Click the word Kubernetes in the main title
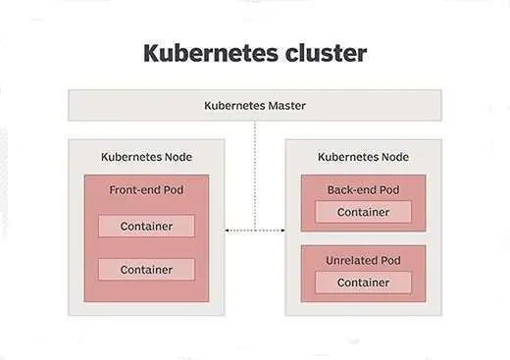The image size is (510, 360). [x=205, y=53]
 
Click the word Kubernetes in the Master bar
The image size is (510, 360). [x=235, y=105]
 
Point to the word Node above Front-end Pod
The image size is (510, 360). [x=176, y=157]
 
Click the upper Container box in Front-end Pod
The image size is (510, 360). [x=146, y=227]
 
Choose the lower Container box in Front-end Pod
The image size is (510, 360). [x=146, y=270]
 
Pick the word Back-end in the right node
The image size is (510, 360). [x=352, y=189]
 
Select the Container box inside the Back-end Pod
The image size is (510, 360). [x=363, y=212]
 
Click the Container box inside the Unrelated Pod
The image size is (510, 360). [x=363, y=283]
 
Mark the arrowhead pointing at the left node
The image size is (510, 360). [x=229, y=231]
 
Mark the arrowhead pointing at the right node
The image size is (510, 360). [x=280, y=231]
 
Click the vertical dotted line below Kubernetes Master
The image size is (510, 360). [x=255, y=177]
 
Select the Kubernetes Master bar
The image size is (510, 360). [x=254, y=105]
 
